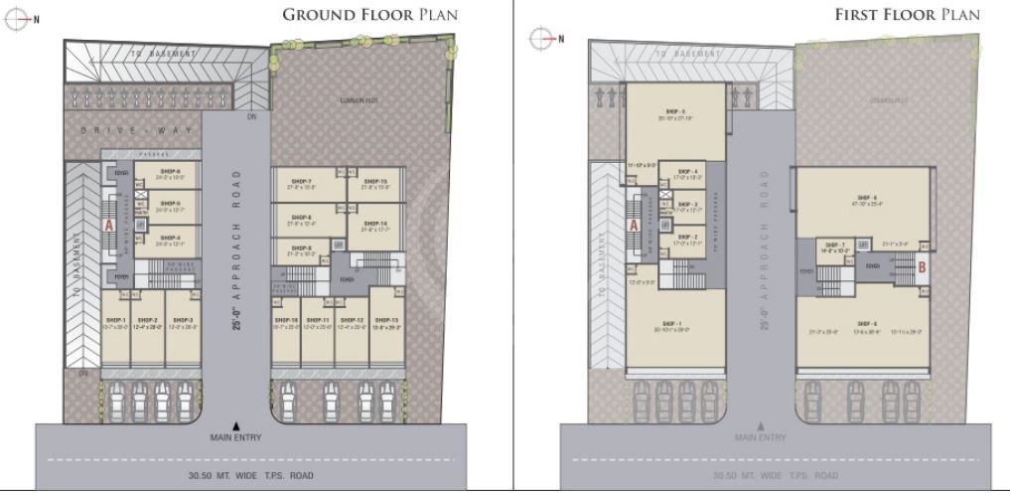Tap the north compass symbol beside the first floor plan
[542, 38]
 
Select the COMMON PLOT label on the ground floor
[355, 100]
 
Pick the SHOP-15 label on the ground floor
[375, 182]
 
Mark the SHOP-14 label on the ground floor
[375, 223]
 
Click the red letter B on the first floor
[922, 266]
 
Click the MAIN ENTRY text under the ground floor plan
[234, 437]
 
